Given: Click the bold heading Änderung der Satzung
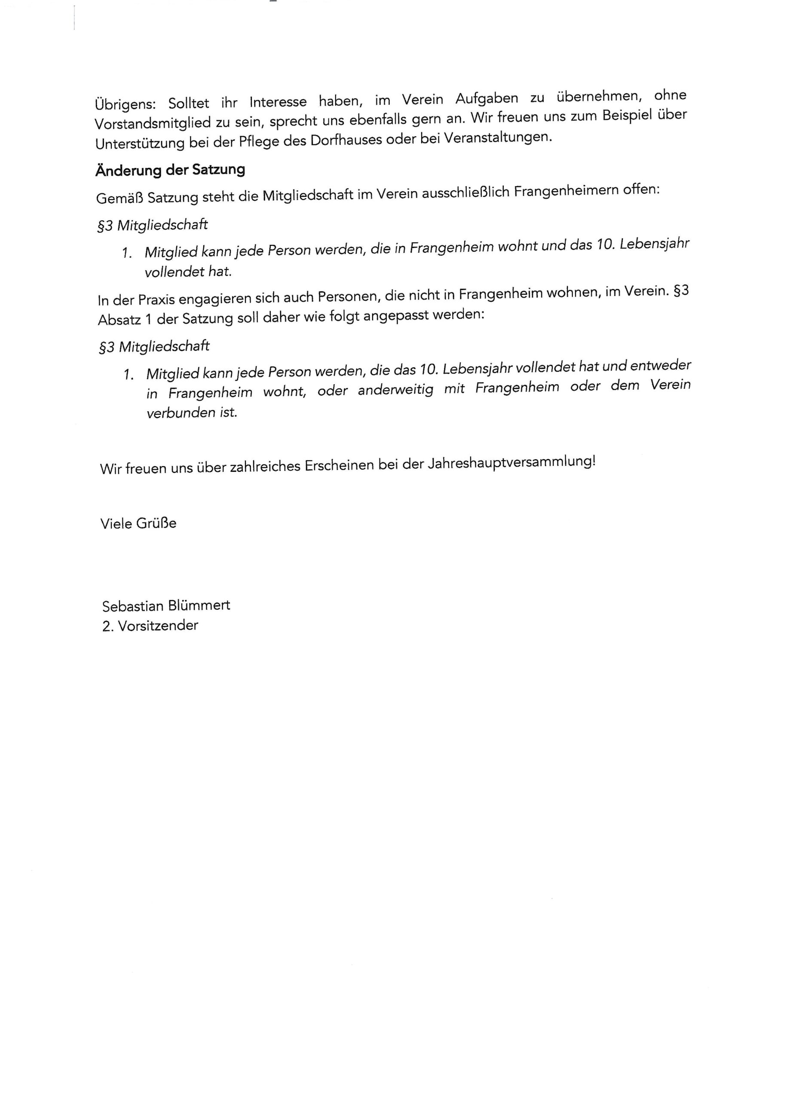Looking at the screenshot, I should tap(170, 170).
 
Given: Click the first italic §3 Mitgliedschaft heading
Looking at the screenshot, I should tap(152, 226).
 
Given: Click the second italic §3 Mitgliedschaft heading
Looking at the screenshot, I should tap(154, 347).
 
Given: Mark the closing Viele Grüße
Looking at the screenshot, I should tap(138, 523).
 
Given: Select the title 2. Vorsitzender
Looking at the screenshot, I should tap(150, 626).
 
